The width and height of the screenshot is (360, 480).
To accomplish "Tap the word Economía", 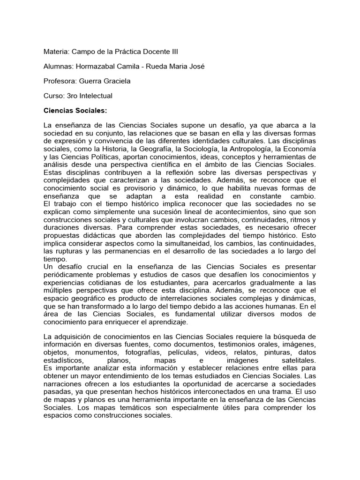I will [298, 148].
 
